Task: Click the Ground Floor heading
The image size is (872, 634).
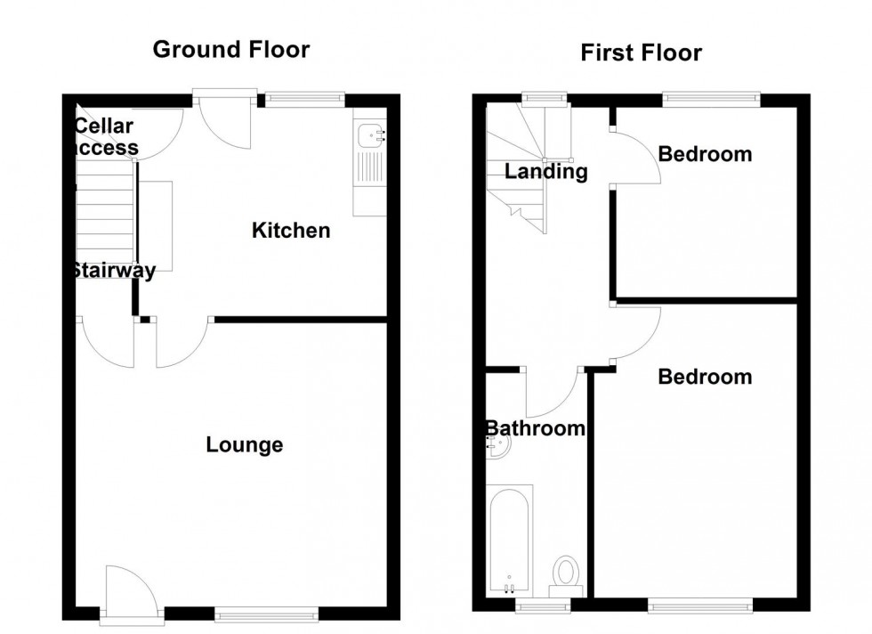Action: pos(231,49)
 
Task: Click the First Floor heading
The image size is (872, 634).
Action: pos(641,53)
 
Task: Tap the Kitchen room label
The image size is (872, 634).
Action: pos(291,232)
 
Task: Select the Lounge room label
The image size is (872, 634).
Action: pos(245,444)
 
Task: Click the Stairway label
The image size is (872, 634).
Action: pos(113,271)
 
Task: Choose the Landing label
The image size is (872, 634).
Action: pos(546,172)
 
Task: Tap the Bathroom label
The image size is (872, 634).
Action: pos(535,428)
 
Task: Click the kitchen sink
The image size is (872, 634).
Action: pos(369,136)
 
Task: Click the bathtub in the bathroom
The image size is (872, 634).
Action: pos(510,541)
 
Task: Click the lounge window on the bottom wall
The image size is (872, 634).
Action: pos(266,614)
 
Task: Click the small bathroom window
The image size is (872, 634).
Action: pos(544,606)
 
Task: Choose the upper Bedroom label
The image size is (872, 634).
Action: pos(705,154)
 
